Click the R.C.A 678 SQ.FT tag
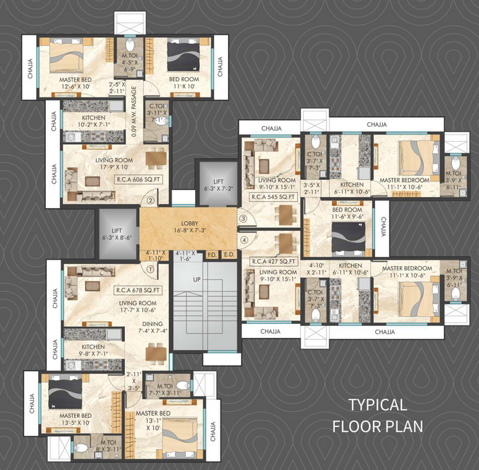click(x=139, y=289)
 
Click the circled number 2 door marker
click(x=150, y=200)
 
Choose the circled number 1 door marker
click(x=150, y=268)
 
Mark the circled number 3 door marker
click(x=242, y=219)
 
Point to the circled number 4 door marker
click(x=242, y=239)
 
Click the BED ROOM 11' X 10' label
click(x=186, y=83)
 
